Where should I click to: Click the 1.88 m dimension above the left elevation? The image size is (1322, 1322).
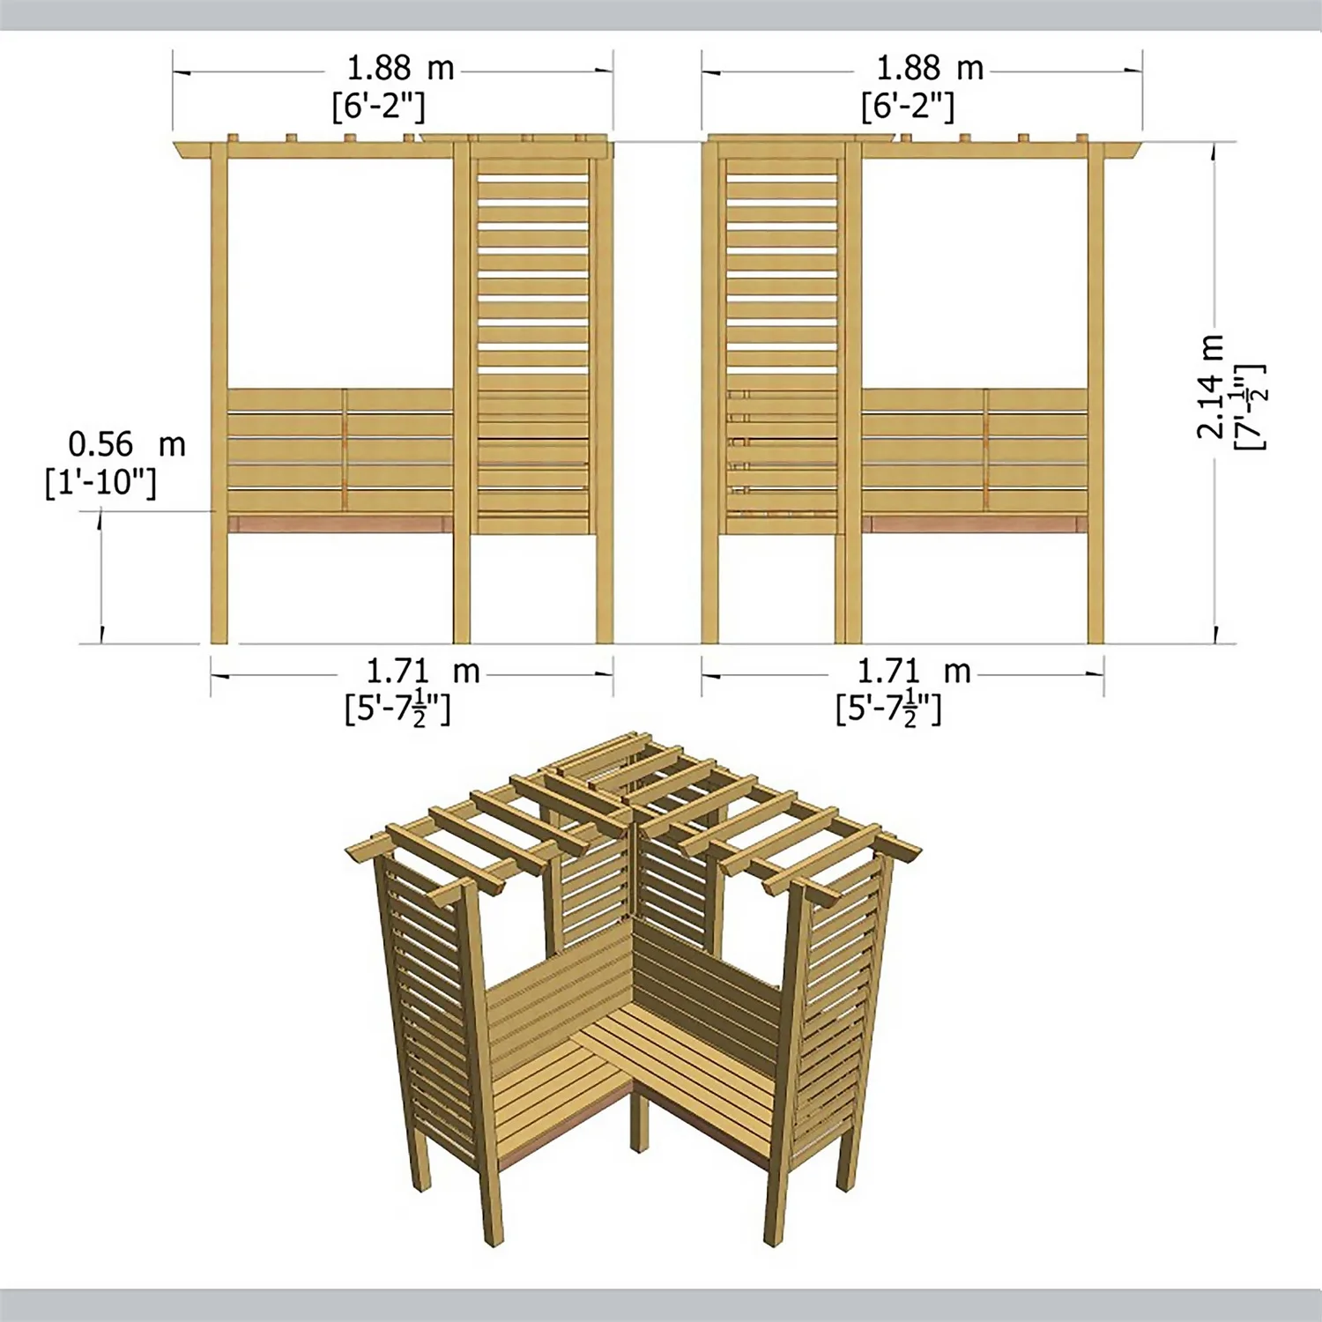(400, 69)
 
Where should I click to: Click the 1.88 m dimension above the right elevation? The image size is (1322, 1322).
(929, 69)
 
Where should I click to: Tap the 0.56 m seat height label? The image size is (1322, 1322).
(127, 445)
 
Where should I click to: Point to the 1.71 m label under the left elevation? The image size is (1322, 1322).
(422, 672)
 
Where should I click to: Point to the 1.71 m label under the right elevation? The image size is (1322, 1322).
(914, 672)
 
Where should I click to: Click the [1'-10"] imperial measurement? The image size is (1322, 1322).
(100, 482)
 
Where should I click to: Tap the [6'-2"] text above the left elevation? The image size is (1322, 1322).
(378, 107)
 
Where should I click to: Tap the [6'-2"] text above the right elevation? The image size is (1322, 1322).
(907, 107)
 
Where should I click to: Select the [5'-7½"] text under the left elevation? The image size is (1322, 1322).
(397, 709)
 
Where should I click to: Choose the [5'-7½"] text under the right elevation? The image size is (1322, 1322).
(888, 709)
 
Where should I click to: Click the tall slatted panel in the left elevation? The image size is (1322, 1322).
(532, 344)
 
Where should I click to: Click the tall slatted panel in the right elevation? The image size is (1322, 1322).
(781, 344)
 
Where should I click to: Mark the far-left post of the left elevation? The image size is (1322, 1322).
(219, 397)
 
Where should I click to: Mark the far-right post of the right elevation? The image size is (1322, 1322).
(1095, 397)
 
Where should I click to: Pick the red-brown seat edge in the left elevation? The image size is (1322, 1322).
(340, 524)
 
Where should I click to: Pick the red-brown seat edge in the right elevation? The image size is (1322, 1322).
(973, 524)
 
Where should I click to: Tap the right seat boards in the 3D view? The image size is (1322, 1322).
(696, 1066)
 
